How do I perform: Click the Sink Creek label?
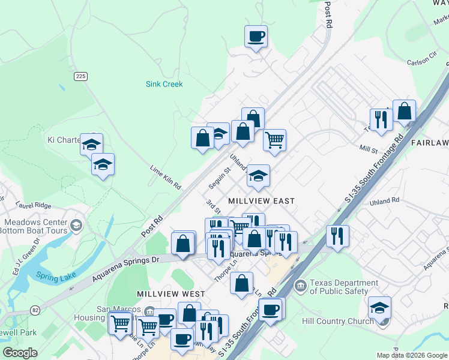[164, 85]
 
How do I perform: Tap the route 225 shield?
[81, 76]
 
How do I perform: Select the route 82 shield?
[35, 310]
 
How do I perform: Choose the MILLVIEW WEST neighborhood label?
[171, 294]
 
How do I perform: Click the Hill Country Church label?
[339, 321]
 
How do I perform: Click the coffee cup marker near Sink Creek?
[256, 37]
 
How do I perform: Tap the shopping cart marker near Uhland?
[274, 140]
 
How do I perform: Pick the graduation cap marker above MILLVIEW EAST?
[259, 175]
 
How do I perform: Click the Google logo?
[20, 353]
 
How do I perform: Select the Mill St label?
[368, 149]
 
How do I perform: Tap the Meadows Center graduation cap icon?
[76, 225]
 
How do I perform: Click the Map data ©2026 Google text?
[411, 355]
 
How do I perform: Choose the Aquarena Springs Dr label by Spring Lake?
[126, 269]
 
